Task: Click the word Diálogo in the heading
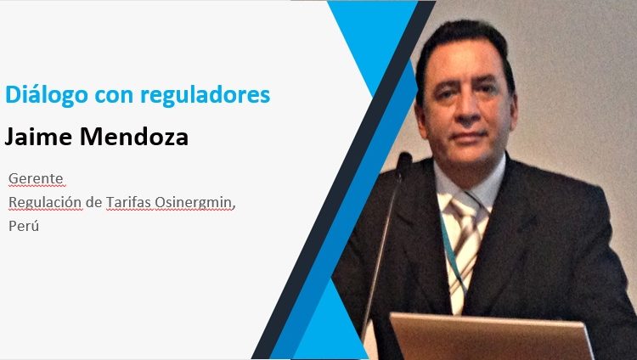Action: point(47,95)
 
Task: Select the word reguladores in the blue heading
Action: point(206,95)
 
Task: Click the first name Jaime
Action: point(38,136)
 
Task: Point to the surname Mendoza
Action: point(134,136)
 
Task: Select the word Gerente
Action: point(36,178)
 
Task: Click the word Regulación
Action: point(45,202)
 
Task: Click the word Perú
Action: point(24,226)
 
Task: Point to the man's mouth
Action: point(468,137)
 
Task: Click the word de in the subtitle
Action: point(93,201)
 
